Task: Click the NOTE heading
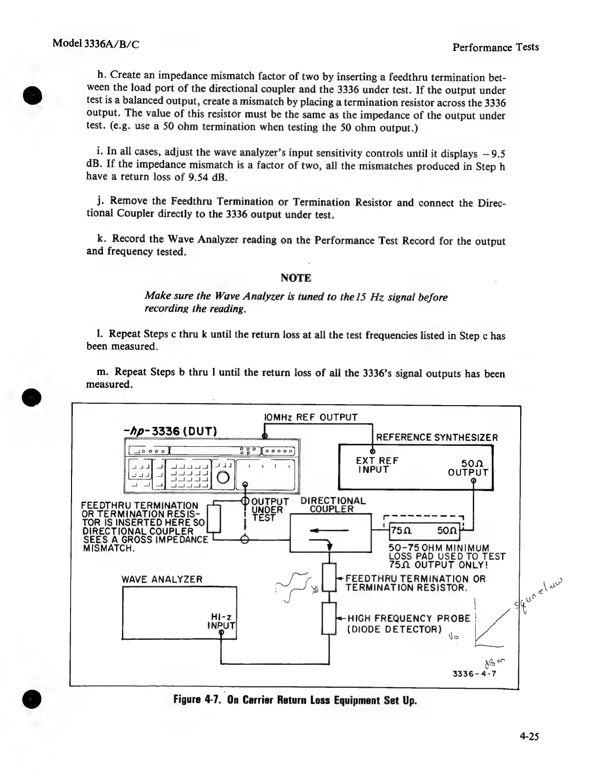pos(296,278)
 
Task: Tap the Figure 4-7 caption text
pos(295,700)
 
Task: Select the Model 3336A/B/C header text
pos(96,43)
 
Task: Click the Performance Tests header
pos(495,47)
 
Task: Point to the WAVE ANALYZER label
pos(162,580)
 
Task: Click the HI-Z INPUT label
pos(221,621)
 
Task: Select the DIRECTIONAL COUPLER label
pos(333,505)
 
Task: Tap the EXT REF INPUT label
pos(377,465)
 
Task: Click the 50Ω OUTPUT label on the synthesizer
pos(468,468)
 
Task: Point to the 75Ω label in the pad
pos(401,531)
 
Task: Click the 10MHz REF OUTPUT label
pos(311,417)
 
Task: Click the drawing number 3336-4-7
pos(475,673)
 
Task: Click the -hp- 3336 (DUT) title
pos(170,431)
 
